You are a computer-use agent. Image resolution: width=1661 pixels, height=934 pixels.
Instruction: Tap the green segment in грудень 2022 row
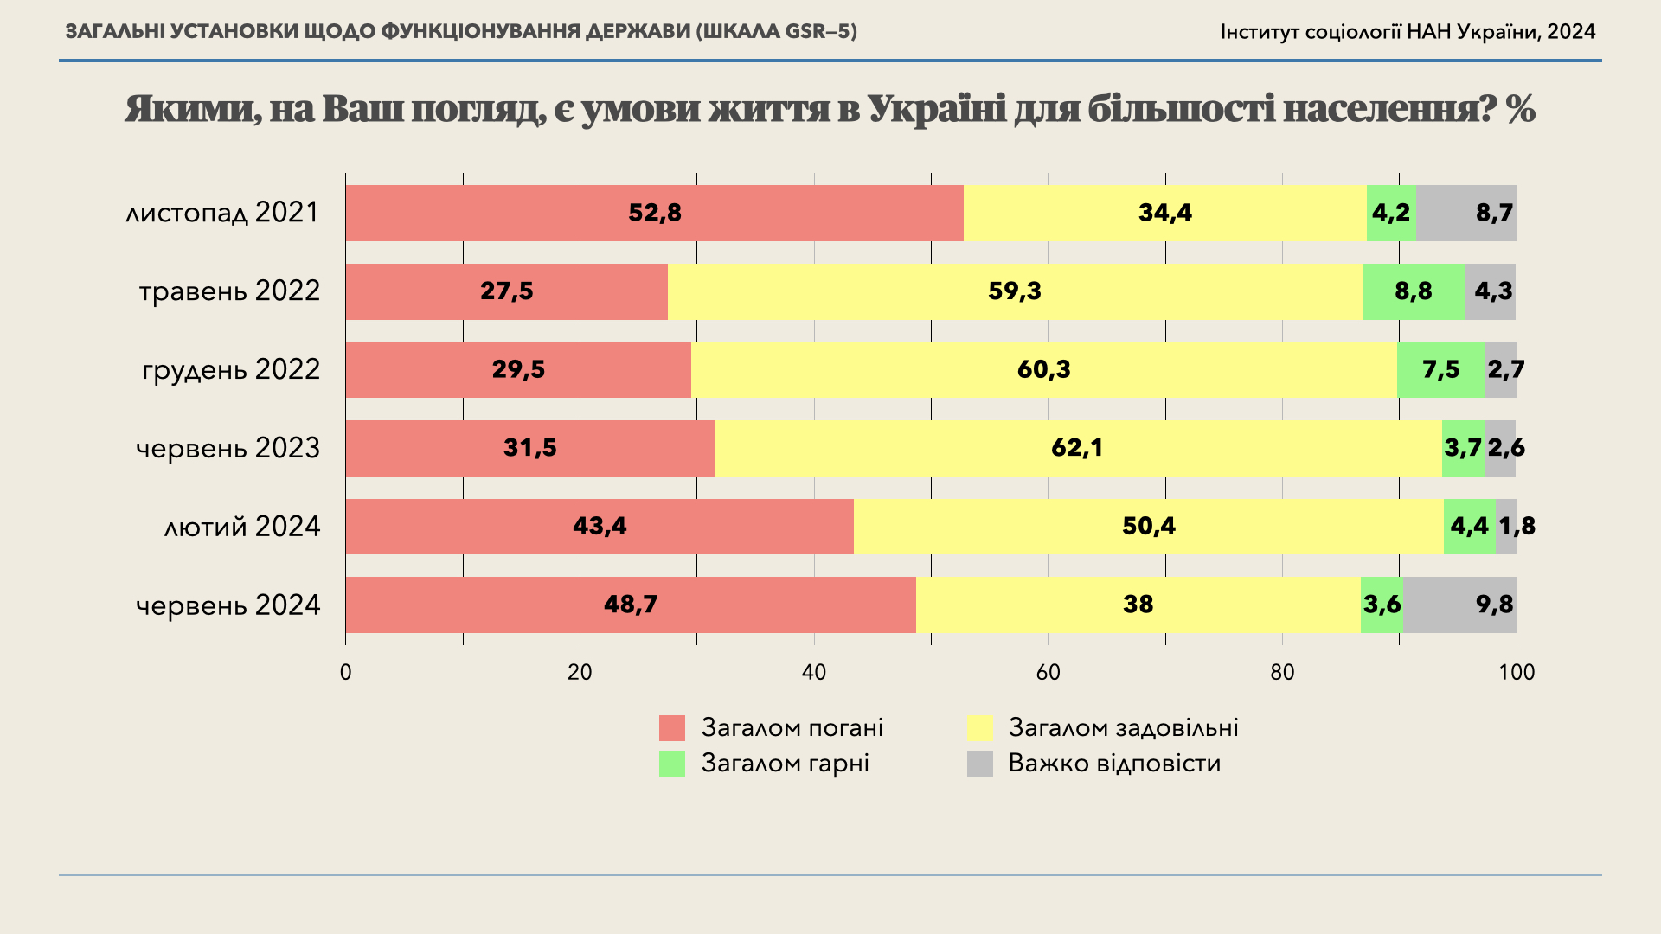pos(1440,370)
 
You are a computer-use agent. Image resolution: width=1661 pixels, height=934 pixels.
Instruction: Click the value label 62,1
pos(1077,448)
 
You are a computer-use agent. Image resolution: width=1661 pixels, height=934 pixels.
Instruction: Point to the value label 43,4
pos(600,526)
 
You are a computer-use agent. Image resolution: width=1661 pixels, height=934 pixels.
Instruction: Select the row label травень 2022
pos(229,291)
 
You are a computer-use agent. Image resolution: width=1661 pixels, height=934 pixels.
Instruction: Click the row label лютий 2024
pos(242,527)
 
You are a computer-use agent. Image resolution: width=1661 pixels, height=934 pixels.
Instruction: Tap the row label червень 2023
pos(228,448)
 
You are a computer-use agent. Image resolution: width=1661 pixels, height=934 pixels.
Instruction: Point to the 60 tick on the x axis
pos(1048,672)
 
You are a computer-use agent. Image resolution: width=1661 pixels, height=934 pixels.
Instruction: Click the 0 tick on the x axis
pos(346,672)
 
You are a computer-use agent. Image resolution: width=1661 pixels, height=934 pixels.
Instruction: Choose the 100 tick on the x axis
pos(1516,672)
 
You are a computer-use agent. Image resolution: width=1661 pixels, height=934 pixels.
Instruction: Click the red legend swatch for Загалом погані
pos(672,728)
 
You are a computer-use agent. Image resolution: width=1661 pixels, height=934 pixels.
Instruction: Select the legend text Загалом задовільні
pos(1123,728)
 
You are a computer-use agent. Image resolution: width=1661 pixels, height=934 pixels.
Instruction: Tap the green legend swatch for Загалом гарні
pos(672,764)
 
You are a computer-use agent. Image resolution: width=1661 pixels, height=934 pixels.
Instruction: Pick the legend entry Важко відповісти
pos(1114,764)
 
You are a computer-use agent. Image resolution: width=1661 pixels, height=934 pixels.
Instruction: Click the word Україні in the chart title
pos(936,110)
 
